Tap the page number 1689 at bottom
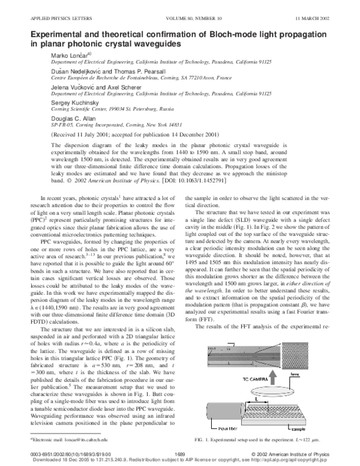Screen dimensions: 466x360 pyautogui.click(x=179, y=454)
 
